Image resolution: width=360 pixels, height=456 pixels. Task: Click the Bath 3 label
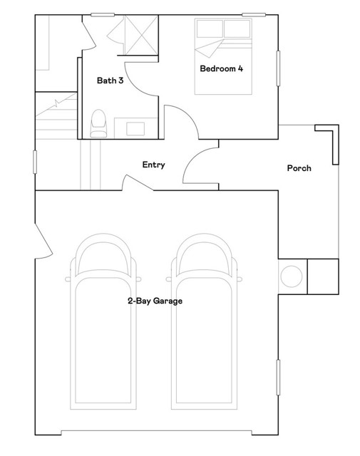[110, 81]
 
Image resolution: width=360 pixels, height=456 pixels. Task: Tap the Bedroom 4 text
[221, 69]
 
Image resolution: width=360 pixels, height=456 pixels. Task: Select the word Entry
[153, 165]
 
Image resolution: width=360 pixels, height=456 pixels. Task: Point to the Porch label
[299, 168]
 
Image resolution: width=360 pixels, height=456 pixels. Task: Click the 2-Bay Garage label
[155, 301]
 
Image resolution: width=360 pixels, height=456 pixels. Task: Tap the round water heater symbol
[292, 276]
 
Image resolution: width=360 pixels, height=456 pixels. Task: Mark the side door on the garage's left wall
[43, 239]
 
